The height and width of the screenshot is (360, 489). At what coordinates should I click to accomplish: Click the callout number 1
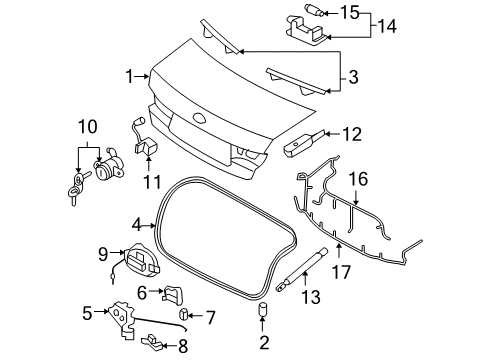click(x=130, y=76)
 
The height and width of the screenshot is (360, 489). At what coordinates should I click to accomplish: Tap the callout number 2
click(x=264, y=342)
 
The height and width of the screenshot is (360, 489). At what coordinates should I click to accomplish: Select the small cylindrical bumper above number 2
click(x=263, y=309)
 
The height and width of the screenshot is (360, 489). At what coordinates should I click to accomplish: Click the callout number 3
click(x=353, y=77)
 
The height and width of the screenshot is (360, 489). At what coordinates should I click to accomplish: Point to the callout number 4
click(x=137, y=226)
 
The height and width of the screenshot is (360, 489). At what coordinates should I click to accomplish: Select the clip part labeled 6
click(x=173, y=295)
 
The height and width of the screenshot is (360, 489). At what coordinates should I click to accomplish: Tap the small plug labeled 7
click(x=183, y=314)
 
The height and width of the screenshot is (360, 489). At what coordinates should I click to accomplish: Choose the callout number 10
click(x=88, y=127)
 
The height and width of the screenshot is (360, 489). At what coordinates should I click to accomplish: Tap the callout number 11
click(x=152, y=182)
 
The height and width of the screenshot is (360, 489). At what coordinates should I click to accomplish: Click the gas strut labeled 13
click(x=301, y=269)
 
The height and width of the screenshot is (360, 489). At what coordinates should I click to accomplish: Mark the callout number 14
click(x=387, y=26)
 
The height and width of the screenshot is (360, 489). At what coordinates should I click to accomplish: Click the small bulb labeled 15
click(x=313, y=9)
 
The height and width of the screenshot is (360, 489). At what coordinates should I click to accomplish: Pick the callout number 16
click(x=358, y=179)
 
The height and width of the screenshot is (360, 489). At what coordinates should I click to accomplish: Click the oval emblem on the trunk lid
click(x=199, y=118)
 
